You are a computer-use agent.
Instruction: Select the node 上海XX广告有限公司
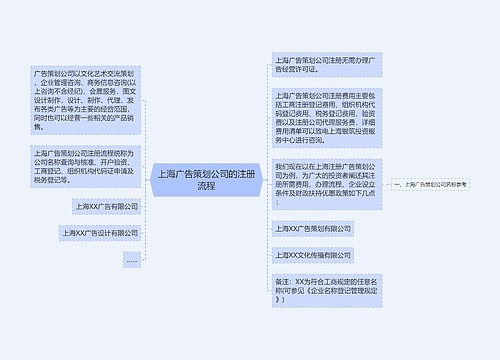[x=106, y=206]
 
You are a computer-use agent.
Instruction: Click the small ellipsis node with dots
[x=131, y=259]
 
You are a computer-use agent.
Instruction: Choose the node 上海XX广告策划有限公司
[x=314, y=229]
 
